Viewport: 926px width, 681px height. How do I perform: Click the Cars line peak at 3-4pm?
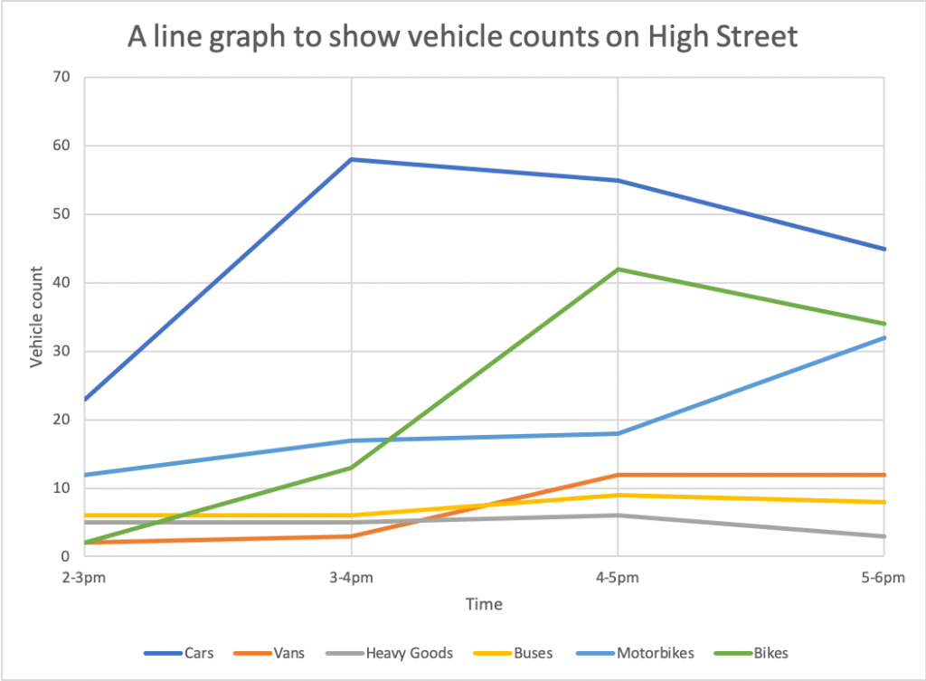(351, 159)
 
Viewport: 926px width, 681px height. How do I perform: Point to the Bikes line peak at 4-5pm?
(618, 270)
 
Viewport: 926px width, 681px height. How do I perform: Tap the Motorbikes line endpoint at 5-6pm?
(884, 337)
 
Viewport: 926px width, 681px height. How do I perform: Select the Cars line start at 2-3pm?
(85, 399)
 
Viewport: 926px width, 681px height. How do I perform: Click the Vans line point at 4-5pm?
(618, 475)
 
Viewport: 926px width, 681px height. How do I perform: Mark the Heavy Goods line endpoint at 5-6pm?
(884, 536)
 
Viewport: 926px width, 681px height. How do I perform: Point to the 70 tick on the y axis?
(61, 77)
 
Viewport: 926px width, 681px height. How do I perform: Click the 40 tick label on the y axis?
(61, 283)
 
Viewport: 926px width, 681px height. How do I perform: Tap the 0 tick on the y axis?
(66, 557)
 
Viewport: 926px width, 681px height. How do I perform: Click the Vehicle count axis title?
(37, 317)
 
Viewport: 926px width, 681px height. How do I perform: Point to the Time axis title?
(484, 603)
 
